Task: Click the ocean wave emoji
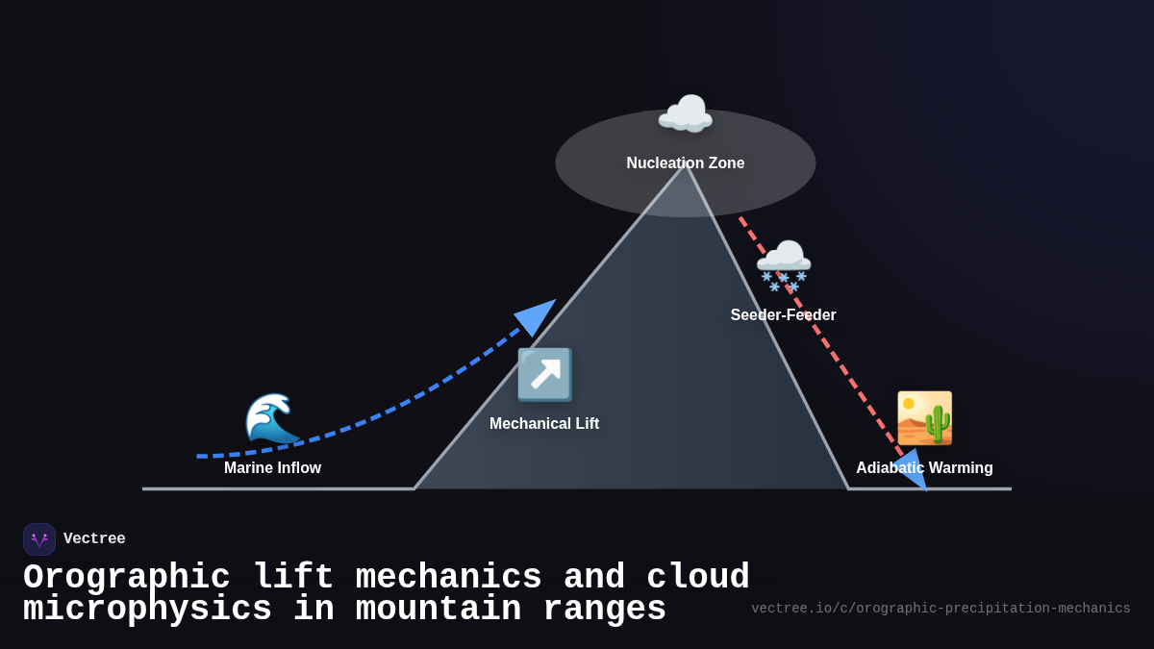click(x=272, y=418)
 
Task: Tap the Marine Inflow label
click(x=272, y=468)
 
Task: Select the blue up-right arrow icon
click(x=544, y=374)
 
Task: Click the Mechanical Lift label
click(x=544, y=424)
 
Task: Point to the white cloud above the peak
click(x=685, y=115)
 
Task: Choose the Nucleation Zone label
click(x=685, y=163)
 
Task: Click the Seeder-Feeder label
click(x=783, y=315)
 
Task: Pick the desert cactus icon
click(x=924, y=418)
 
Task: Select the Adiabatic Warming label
click(x=924, y=468)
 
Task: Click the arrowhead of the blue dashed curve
click(x=536, y=316)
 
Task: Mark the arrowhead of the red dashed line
click(x=912, y=471)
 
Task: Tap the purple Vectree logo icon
click(x=39, y=539)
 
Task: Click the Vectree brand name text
click(x=94, y=539)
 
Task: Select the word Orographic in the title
click(x=127, y=578)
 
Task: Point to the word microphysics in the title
click(x=147, y=610)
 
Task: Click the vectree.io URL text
click(x=941, y=609)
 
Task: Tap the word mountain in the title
click(x=439, y=610)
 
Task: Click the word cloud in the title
click(x=697, y=578)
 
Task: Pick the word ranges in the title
click(x=604, y=610)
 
